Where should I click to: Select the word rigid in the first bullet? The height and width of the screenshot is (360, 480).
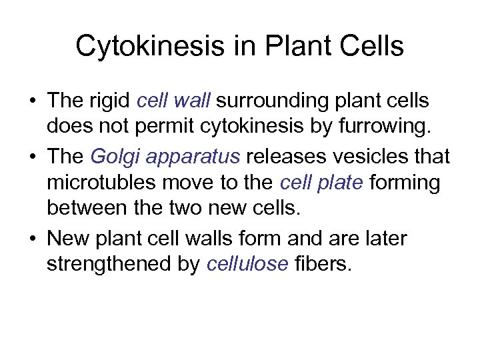(x=110, y=101)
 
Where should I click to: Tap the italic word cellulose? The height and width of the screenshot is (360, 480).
(x=247, y=264)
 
